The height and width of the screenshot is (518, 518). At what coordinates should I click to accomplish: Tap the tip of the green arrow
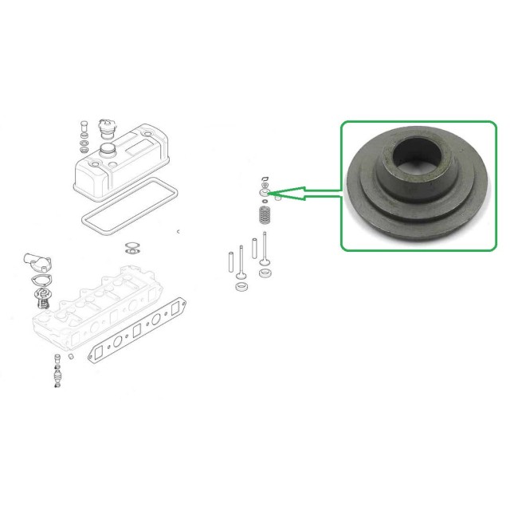[x=270, y=192]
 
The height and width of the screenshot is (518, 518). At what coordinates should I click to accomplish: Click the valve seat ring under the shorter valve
[x=240, y=285]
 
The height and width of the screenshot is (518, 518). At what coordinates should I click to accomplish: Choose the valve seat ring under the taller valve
[x=266, y=275]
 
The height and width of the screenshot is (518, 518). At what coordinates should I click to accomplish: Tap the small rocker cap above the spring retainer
[x=265, y=180]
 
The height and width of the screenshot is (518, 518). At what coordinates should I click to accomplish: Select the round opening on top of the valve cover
[x=107, y=149]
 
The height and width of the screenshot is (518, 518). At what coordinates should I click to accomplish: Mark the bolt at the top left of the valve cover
[x=83, y=125]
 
